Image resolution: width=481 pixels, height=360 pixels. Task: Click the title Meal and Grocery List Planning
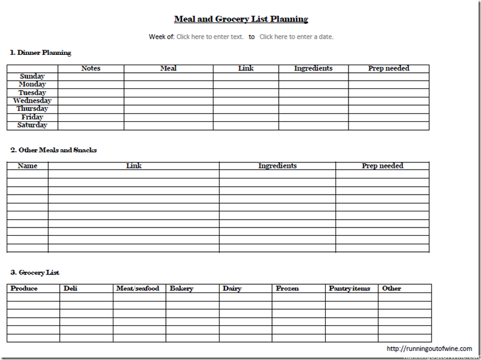coord(241,19)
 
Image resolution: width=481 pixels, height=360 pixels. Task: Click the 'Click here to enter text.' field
coord(210,36)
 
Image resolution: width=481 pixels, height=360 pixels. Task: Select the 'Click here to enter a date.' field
coord(296,36)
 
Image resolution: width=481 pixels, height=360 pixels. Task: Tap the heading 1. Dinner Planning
coord(41,53)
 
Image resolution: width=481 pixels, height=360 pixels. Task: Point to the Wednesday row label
coord(32,101)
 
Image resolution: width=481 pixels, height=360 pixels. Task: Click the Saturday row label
coord(32,125)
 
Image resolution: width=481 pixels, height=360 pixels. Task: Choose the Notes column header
coord(91,69)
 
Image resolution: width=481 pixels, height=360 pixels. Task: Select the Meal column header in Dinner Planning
coord(168,69)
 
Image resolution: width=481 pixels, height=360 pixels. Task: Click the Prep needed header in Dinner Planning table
coord(388,69)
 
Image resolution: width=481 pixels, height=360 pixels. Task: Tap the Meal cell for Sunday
coord(168,76)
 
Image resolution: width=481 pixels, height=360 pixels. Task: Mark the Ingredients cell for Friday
coord(313,117)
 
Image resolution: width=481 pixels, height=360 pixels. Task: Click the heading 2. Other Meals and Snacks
coord(53,150)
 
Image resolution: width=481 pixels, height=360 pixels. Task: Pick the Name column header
coord(27,166)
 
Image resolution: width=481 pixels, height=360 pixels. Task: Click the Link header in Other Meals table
coord(134,166)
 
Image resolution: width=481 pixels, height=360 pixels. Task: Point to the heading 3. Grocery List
coord(35,272)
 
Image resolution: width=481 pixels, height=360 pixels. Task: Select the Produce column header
coord(24,288)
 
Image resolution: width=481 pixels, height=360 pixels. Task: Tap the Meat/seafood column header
coord(138,288)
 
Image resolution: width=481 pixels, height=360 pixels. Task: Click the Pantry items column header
coord(349,288)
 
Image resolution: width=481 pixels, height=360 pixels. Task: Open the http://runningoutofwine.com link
coord(429,349)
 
